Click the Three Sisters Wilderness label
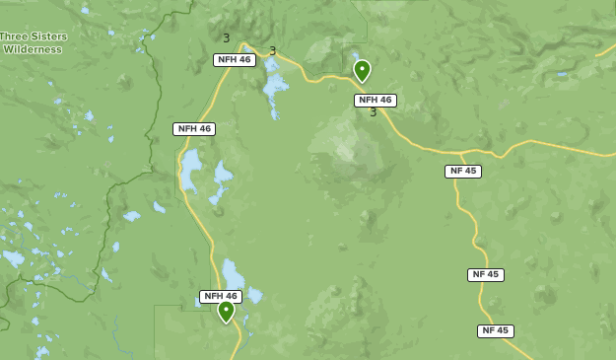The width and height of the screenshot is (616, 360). point(34,42)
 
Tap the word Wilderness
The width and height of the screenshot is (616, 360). point(33,49)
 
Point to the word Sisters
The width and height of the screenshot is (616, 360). point(47,36)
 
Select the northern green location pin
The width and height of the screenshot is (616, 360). point(362,69)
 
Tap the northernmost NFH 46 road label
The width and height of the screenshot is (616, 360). point(235,60)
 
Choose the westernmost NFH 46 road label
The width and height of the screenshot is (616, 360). point(194,129)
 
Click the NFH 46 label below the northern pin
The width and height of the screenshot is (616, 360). point(376,101)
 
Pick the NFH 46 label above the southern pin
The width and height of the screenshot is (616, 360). point(221,296)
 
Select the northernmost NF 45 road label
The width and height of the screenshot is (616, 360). point(463,171)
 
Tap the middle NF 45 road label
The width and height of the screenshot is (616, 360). point(486,275)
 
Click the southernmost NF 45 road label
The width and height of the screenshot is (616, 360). point(496,331)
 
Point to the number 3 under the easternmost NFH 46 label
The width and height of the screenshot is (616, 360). point(374,112)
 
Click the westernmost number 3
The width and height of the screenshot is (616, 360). point(226,38)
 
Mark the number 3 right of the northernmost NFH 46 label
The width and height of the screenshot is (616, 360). point(273,51)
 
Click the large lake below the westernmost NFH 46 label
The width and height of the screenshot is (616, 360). point(191,170)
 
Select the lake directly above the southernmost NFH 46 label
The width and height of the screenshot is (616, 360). point(233,272)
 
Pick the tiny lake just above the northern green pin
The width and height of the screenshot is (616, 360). point(355,56)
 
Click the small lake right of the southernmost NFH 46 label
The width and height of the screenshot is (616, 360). point(254,295)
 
